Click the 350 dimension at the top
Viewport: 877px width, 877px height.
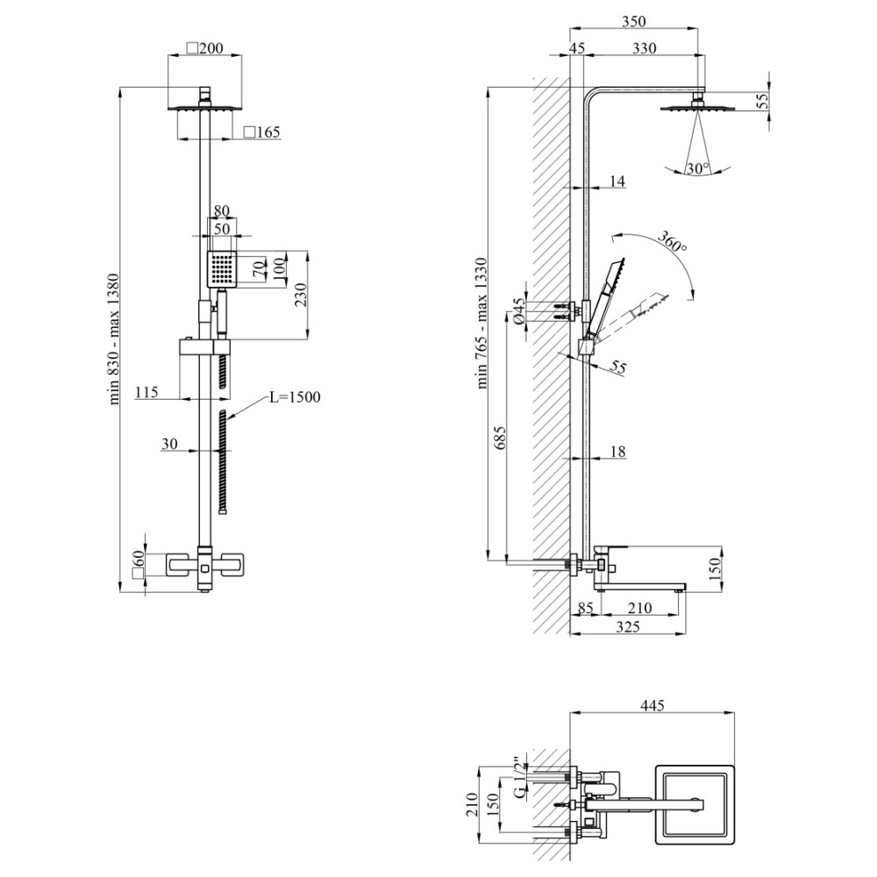[x=633, y=21]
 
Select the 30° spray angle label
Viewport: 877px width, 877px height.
[x=697, y=168]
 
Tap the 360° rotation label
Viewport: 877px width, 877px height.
[x=671, y=241]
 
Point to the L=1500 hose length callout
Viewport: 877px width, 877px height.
[x=295, y=397]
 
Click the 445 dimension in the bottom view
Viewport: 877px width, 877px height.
[x=652, y=705]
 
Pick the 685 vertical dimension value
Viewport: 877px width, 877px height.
[x=500, y=438]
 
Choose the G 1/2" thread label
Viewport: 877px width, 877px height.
[x=519, y=777]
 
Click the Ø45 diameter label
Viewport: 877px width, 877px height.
[x=519, y=311]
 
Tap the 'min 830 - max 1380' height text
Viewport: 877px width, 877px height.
[x=113, y=339]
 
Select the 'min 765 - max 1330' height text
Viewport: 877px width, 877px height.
[x=482, y=323]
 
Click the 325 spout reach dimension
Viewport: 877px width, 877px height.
[x=628, y=627]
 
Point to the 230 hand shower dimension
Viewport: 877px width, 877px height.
[x=300, y=295]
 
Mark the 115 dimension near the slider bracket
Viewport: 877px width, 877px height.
[x=146, y=391]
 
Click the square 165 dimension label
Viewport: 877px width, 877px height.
[x=261, y=132]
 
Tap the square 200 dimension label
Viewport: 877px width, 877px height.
[x=204, y=48]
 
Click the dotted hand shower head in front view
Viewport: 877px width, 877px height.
[x=223, y=269]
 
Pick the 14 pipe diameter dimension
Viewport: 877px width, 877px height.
[x=617, y=181]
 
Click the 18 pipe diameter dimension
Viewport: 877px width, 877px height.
[x=617, y=451]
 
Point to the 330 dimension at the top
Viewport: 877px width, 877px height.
[x=644, y=48]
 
